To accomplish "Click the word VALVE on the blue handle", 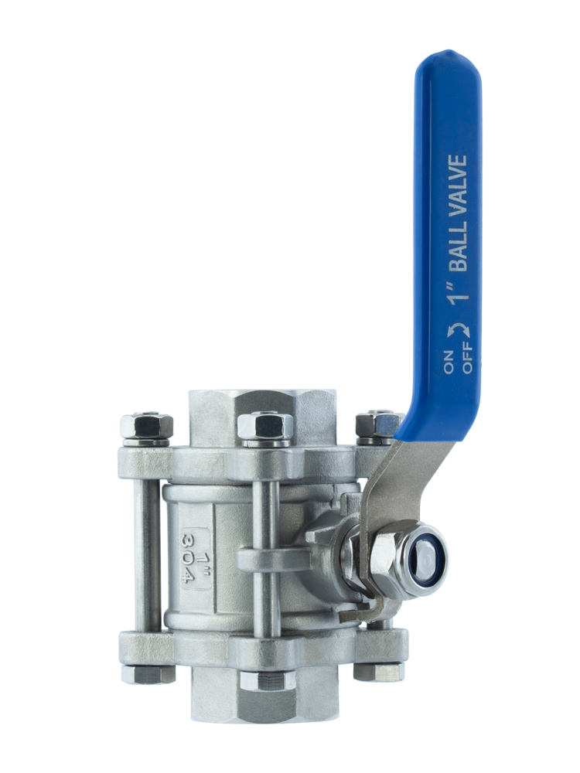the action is (x=459, y=186).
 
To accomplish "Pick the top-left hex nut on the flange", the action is (x=146, y=427).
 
